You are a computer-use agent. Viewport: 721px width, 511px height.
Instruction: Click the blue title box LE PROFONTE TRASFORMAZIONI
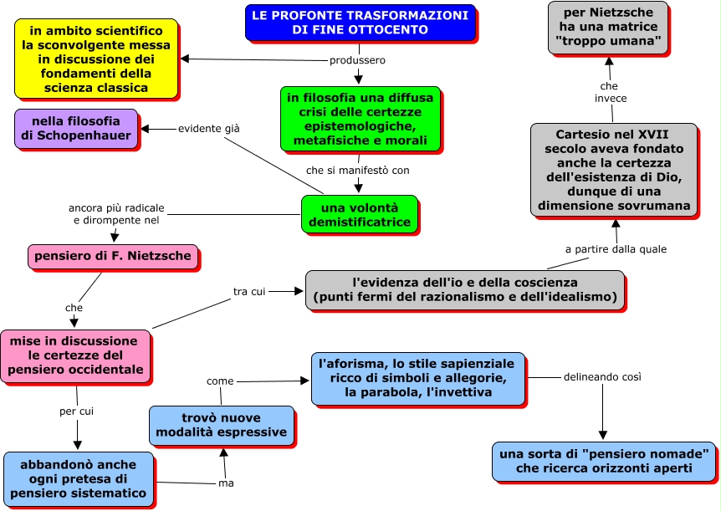pyautogui.click(x=360, y=23)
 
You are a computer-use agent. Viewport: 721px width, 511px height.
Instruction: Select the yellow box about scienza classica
pyautogui.click(x=96, y=59)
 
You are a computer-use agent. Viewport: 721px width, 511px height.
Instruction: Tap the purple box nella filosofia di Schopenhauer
pyautogui.click(x=75, y=128)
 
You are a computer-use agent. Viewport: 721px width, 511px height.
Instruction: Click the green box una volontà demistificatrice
pyautogui.click(x=359, y=215)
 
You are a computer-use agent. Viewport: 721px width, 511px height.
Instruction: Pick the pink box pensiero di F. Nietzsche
pyautogui.click(x=113, y=256)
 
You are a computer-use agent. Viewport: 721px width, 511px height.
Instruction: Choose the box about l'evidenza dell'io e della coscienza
pyautogui.click(x=464, y=289)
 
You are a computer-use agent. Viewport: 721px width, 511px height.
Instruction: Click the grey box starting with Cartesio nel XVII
pyautogui.click(x=614, y=169)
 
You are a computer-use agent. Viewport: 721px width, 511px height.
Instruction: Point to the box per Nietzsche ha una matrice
pyautogui.click(x=608, y=27)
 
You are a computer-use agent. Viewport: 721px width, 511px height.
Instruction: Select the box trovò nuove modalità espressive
pyautogui.click(x=222, y=425)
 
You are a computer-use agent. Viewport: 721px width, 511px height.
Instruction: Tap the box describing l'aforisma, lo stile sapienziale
pyautogui.click(x=417, y=377)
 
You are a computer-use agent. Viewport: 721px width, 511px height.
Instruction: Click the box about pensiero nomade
pyautogui.click(x=604, y=461)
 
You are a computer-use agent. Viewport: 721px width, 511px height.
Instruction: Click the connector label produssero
pyautogui.click(x=357, y=60)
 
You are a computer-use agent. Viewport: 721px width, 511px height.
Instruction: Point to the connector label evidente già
pyautogui.click(x=208, y=129)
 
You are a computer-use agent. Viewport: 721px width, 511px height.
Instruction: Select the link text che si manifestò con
pyautogui.click(x=357, y=170)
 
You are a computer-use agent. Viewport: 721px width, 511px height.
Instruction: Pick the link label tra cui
pyautogui.click(x=249, y=291)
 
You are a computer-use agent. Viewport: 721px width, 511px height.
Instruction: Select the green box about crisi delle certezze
pyautogui.click(x=360, y=119)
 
